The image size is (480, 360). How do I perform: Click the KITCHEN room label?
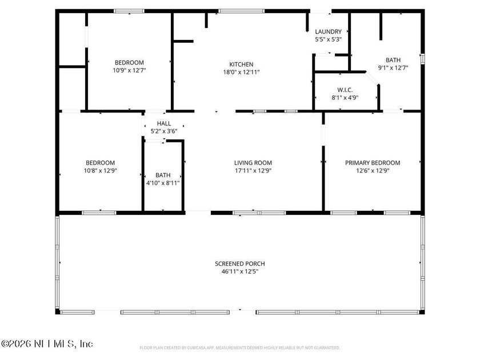pos(241,65)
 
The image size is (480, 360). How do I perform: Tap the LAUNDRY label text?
pos(328,31)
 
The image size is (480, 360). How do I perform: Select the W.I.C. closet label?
pos(345,90)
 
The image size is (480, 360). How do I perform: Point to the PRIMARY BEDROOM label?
pos(373,163)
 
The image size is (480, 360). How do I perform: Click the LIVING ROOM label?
pos(253,163)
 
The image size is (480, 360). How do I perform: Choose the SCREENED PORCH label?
pos(239,263)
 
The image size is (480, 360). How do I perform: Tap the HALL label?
pos(164,123)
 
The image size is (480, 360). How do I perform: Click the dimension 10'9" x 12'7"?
pos(129,71)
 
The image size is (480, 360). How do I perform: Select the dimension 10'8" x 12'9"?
pos(100,170)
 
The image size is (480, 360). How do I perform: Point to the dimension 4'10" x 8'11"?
pos(163,183)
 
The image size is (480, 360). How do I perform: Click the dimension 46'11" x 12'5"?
pos(239,271)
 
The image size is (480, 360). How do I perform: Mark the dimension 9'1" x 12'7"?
pos(393,67)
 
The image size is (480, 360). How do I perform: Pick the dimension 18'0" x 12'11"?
pos(241,72)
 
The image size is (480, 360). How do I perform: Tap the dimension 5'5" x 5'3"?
pos(328,39)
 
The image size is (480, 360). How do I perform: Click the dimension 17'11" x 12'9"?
pos(253,170)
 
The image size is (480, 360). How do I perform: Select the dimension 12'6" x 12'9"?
pos(373,170)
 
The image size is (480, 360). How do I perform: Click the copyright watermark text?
pos(46,344)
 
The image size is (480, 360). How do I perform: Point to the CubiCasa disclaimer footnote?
pos(239,347)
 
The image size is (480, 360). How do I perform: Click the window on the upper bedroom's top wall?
pos(129,11)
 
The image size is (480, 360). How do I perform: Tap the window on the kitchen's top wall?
pos(235,11)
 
